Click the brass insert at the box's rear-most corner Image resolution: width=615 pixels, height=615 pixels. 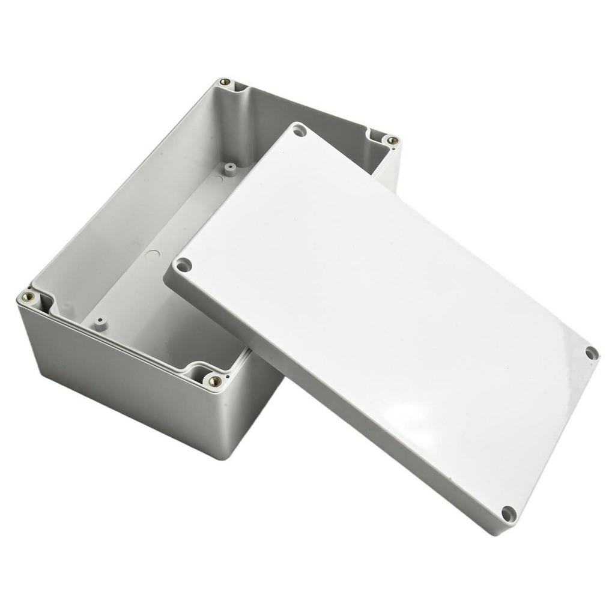tap(225, 82)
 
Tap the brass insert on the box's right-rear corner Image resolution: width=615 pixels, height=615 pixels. tap(392, 141)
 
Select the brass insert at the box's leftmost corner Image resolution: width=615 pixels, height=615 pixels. tap(28, 296)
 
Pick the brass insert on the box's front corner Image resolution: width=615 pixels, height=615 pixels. tap(214, 380)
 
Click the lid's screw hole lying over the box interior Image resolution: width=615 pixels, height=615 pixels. tap(298, 130)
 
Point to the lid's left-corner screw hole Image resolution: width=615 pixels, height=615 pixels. tap(183, 264)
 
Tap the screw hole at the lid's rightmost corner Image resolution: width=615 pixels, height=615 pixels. tap(591, 353)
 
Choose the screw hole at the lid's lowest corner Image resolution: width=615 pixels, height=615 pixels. tap(508, 514)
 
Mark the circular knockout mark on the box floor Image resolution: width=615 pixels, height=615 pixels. tap(153, 255)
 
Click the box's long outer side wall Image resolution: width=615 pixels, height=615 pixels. tap(120, 384)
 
